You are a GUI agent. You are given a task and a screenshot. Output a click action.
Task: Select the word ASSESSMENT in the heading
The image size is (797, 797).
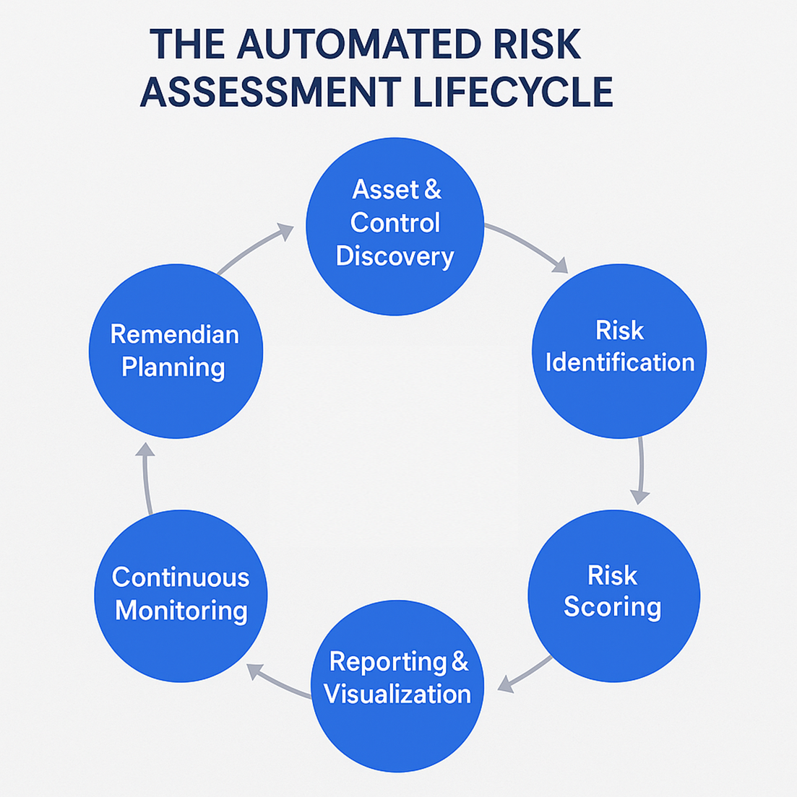point(270,92)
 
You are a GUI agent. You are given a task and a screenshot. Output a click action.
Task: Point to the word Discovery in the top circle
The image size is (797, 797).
point(395,256)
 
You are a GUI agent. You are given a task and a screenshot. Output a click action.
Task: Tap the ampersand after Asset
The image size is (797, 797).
point(432,190)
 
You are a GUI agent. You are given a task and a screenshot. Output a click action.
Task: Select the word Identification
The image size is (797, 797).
point(619,362)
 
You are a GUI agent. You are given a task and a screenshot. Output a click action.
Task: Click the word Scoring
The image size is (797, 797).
point(612,606)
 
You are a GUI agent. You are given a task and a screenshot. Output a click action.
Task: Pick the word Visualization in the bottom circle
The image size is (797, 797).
point(397,694)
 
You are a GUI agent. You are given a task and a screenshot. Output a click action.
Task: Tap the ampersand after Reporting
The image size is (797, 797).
point(460,662)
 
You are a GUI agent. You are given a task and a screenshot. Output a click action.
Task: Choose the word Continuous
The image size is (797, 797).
point(181,578)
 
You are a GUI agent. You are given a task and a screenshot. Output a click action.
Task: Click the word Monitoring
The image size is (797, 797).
point(181,611)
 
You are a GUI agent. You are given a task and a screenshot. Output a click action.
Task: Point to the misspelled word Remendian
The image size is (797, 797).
point(174,334)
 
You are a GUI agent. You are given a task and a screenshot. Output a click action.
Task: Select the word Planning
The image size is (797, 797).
point(173,367)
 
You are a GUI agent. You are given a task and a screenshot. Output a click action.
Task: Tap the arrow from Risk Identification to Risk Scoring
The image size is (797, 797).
point(640,469)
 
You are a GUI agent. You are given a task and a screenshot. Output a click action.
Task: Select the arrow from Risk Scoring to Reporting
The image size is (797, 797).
point(525,671)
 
